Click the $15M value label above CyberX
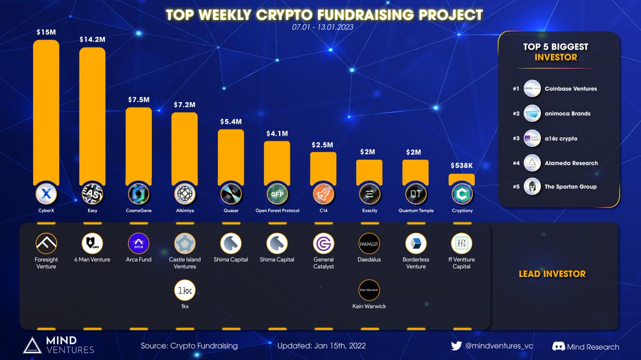point(45,33)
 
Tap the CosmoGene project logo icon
point(139,193)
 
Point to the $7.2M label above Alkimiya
point(185,104)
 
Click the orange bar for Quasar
point(231,155)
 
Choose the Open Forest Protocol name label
point(277,210)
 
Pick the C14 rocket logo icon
point(323,193)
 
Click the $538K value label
point(462,166)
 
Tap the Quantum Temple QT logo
point(416,193)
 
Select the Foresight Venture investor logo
point(46,244)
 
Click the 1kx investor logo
point(185,291)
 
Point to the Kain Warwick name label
point(369,307)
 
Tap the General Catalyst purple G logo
point(323,244)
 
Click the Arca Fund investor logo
point(139,244)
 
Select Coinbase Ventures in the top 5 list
point(570,89)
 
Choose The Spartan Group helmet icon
point(533,187)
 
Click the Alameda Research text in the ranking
point(571,163)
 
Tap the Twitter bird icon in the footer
point(456,346)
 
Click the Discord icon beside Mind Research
point(559,347)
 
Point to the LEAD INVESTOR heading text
point(552,274)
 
